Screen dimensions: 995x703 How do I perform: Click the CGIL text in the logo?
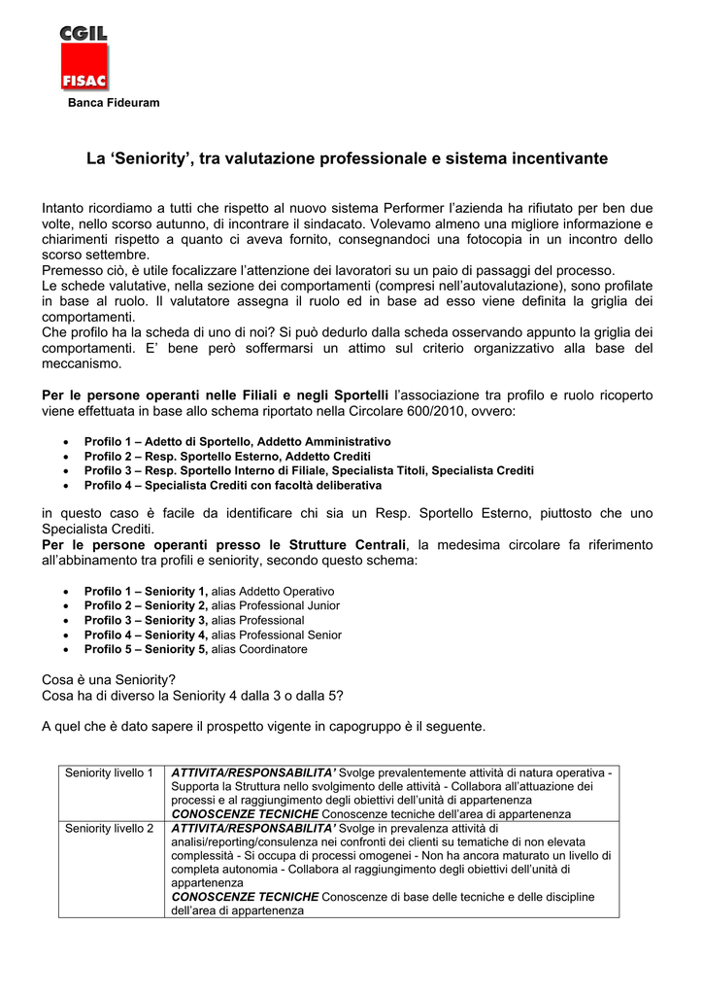(x=84, y=36)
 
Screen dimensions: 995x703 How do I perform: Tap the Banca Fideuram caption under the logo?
(x=113, y=103)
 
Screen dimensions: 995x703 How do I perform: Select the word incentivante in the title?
(x=554, y=157)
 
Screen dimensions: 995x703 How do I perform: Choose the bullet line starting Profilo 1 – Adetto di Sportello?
(x=237, y=441)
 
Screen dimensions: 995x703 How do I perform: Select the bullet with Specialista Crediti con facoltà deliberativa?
(x=232, y=485)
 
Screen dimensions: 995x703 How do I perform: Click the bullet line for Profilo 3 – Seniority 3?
(x=194, y=620)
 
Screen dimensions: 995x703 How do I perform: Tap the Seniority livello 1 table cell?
(x=110, y=773)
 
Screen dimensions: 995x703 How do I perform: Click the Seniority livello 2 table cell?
(x=110, y=829)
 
